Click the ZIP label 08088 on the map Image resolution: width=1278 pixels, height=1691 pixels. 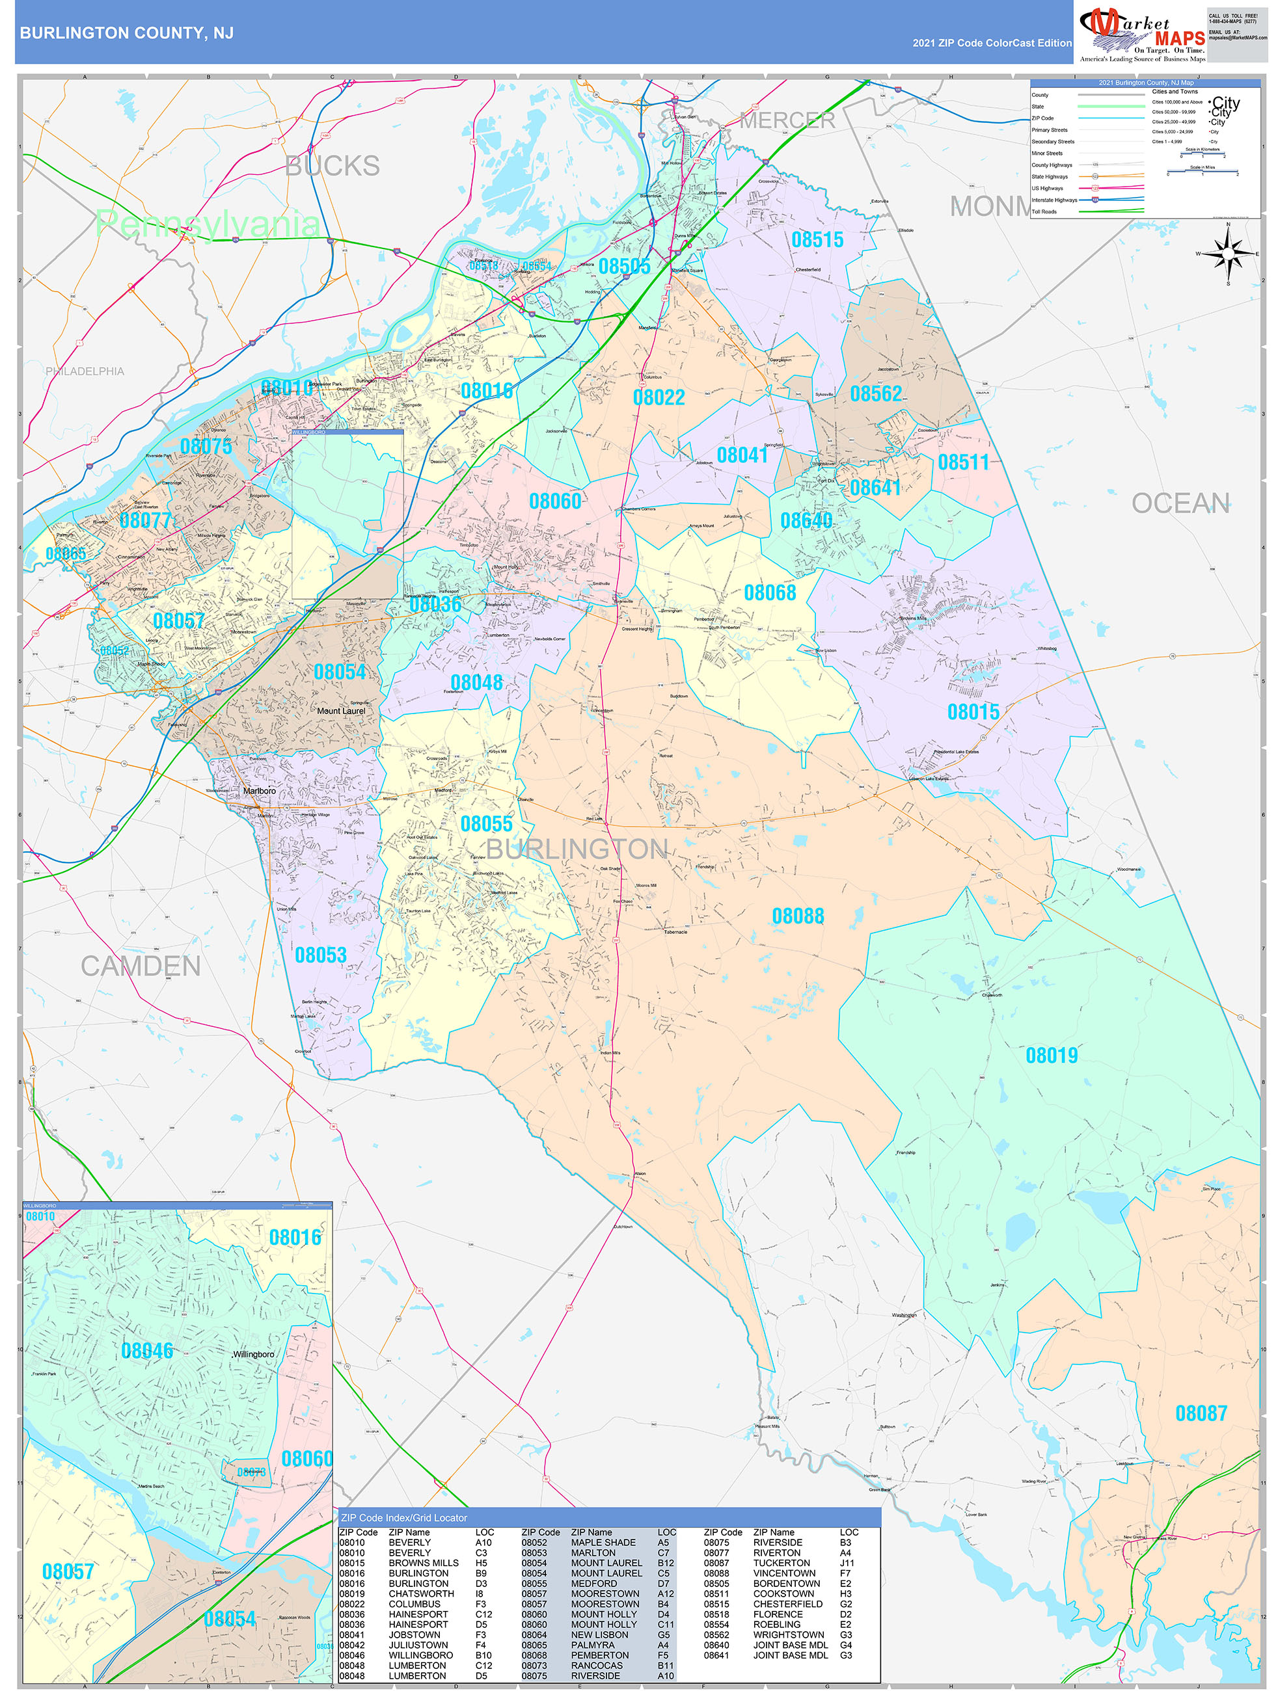(798, 916)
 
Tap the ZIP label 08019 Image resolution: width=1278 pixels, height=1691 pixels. (1051, 1056)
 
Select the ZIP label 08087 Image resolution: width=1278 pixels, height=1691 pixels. (1201, 1413)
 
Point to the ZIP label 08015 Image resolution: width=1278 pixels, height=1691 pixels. (973, 712)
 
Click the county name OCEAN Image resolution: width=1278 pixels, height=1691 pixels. (1180, 503)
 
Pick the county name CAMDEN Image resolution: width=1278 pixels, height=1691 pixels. (141, 966)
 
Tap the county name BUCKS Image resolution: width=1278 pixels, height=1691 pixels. (332, 166)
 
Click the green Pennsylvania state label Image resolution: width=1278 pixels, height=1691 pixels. (206, 224)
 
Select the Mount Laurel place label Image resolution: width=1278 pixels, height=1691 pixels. (341, 711)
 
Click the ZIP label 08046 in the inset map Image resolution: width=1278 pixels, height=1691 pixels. (147, 1351)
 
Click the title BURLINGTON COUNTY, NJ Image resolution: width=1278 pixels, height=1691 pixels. (126, 33)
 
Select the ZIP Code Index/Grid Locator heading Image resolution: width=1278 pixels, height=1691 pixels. (404, 1517)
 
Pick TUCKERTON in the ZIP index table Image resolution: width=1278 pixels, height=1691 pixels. (781, 1564)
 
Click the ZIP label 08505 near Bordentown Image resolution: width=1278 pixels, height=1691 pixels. (624, 266)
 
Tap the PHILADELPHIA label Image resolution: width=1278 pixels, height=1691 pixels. (84, 371)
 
